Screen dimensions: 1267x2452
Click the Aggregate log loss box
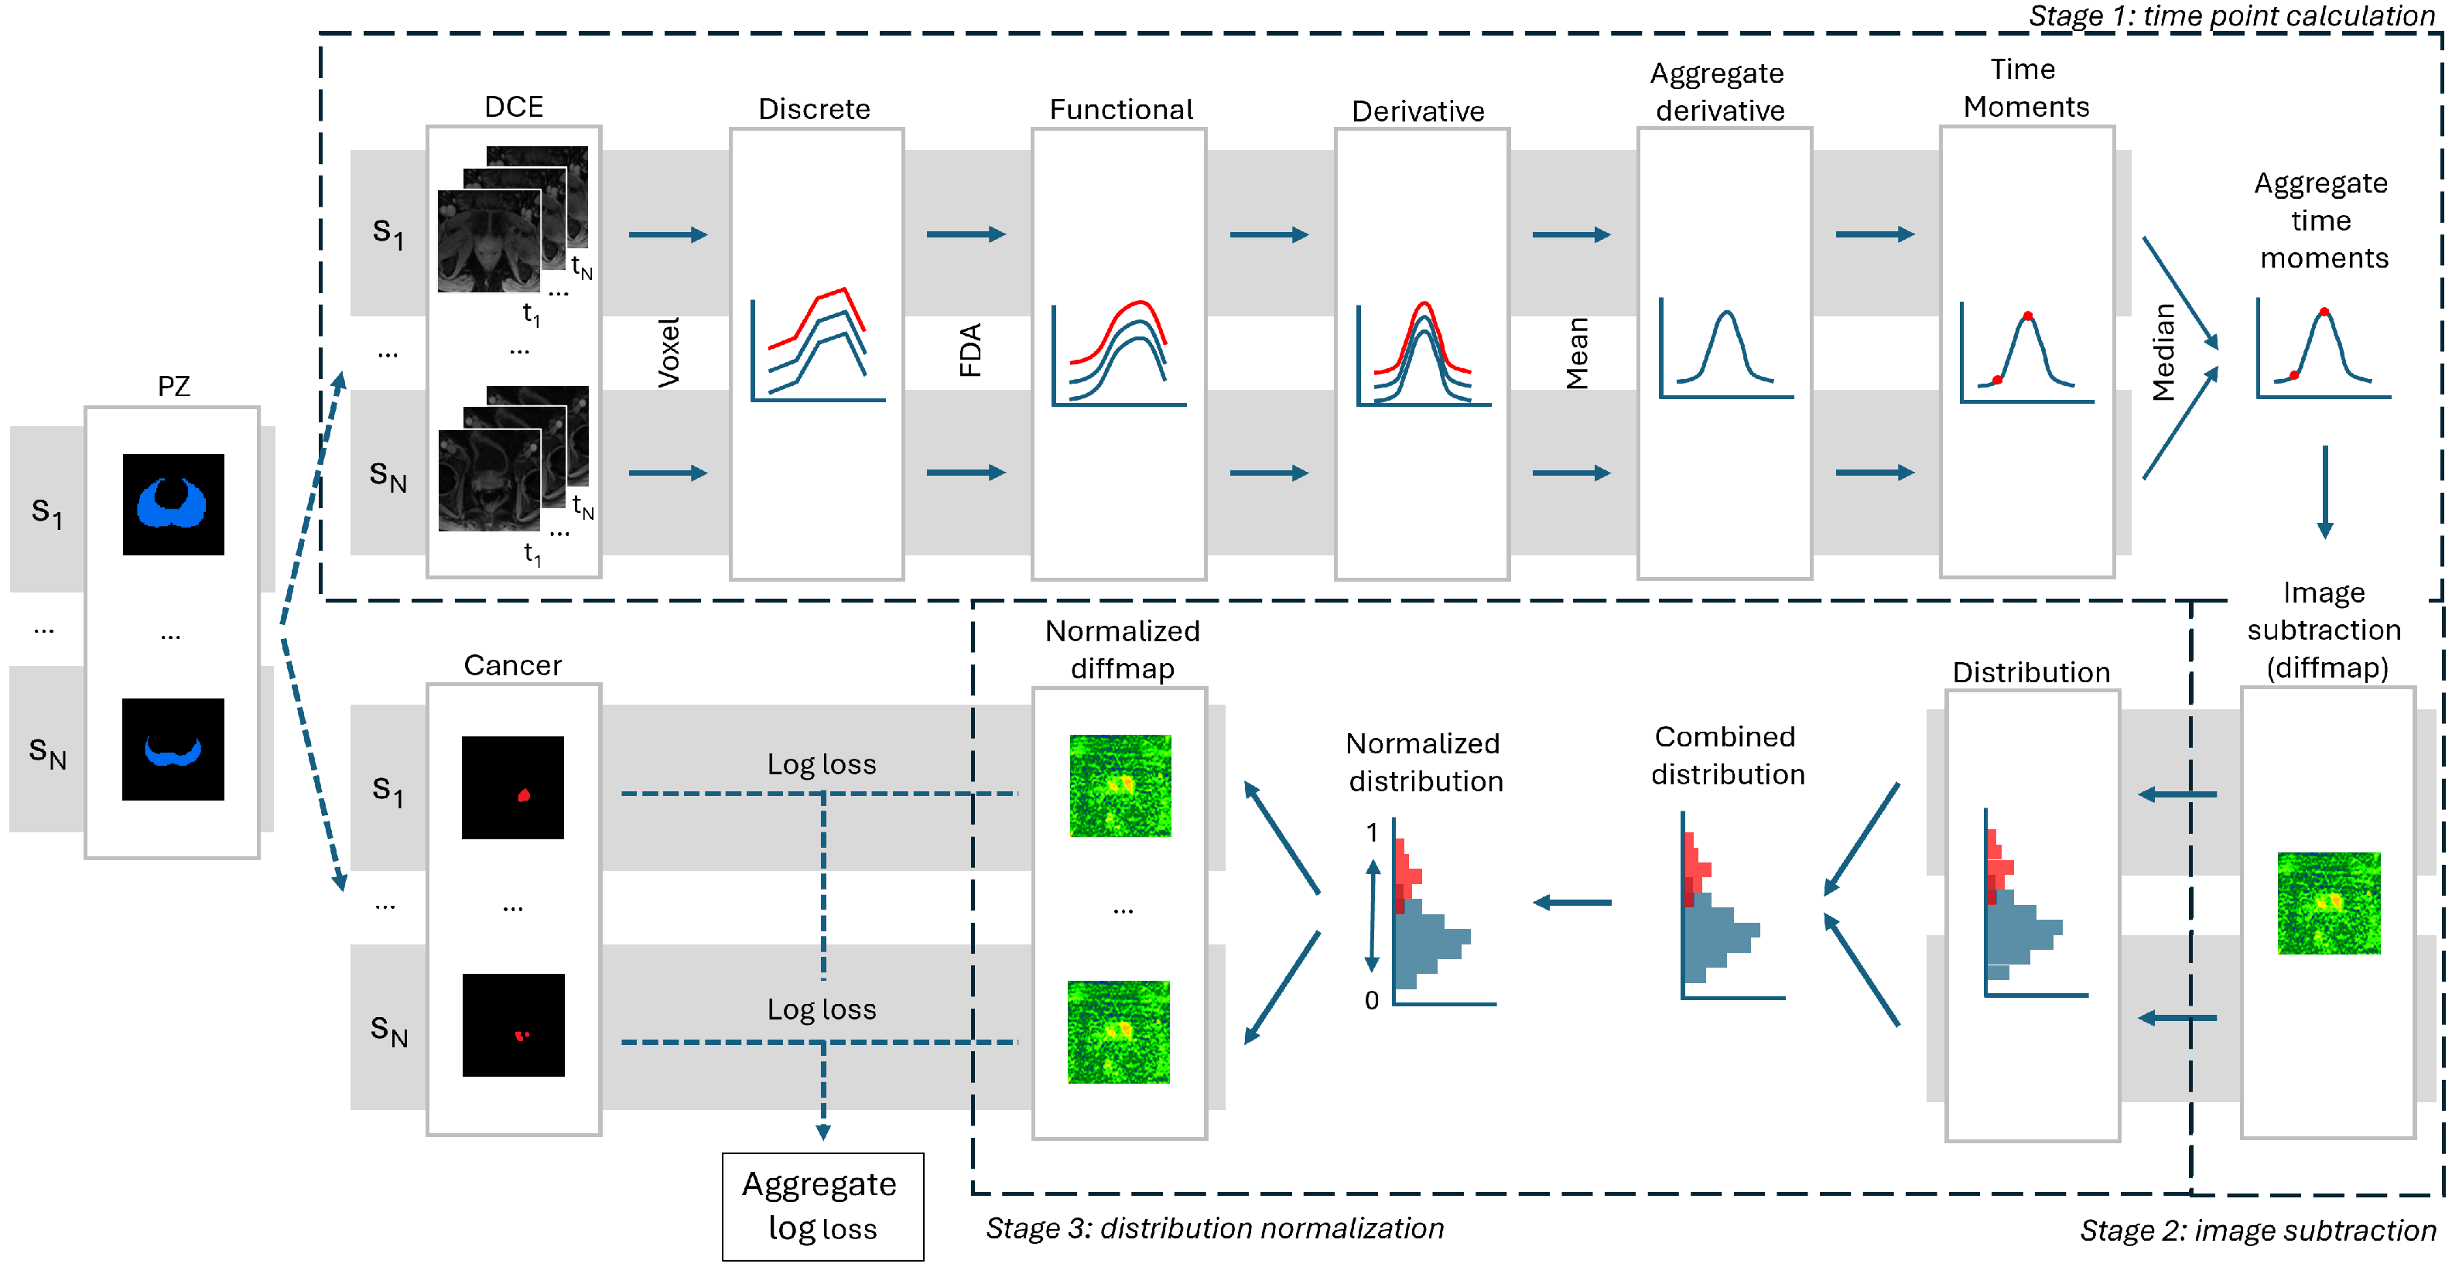click(822, 1206)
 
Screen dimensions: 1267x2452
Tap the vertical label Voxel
click(669, 352)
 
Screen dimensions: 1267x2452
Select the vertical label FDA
click(970, 350)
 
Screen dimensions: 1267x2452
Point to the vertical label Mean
click(1577, 353)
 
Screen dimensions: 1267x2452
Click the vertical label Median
click(2163, 352)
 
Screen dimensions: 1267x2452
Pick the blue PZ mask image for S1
click(173, 504)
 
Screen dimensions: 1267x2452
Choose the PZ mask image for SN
click(173, 750)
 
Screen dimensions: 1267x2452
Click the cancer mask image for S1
click(512, 787)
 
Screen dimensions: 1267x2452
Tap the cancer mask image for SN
click(513, 1025)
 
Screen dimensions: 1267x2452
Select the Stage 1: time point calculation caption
click(2230, 15)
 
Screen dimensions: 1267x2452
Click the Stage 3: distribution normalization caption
click(1214, 1228)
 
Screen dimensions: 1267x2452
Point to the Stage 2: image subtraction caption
click(2257, 1230)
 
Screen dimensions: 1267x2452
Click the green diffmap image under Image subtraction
click(2328, 903)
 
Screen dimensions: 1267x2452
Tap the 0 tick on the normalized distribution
click(1370, 1000)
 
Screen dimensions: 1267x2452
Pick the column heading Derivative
click(1418, 111)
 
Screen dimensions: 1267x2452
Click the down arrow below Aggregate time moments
click(2324, 491)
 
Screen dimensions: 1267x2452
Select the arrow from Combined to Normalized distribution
click(1571, 903)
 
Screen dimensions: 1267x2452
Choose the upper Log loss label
click(822, 764)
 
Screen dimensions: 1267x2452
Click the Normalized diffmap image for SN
click(1118, 1032)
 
